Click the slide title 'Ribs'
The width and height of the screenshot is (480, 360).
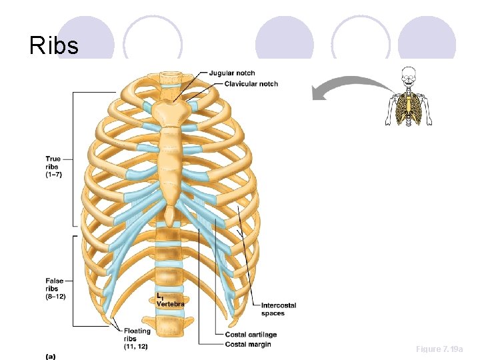tap(54, 45)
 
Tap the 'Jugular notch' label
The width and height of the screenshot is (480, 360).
tap(231, 73)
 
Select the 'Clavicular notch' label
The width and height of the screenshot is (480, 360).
tap(251, 84)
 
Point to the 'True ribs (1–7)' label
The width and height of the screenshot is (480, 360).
tap(53, 167)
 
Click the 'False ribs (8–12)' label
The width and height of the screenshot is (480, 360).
tap(55, 289)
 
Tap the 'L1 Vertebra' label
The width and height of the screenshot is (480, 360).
tap(170, 300)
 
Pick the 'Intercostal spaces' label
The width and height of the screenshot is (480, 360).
tap(278, 309)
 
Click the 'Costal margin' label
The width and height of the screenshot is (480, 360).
tap(247, 344)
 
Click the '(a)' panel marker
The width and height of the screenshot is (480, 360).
tap(51, 356)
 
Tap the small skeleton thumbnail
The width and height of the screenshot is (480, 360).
tap(409, 97)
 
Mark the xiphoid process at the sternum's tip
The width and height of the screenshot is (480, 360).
tap(171, 215)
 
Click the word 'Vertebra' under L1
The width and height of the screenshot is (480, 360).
tap(171, 304)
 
